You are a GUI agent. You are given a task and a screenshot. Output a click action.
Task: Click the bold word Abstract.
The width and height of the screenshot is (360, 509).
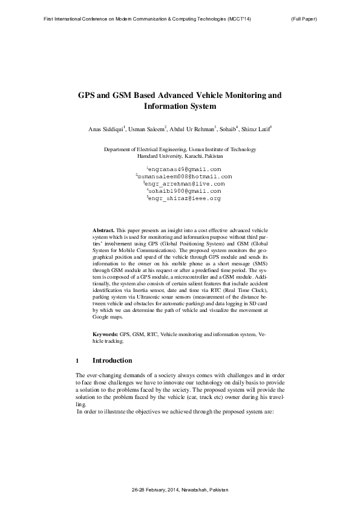[x=103, y=231]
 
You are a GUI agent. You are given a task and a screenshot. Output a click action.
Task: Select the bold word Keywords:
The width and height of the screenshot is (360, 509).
[x=105, y=334]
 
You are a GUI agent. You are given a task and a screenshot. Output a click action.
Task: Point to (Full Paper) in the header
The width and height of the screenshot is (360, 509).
[x=304, y=19]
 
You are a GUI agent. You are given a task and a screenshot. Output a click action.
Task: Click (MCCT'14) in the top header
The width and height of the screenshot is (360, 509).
[x=238, y=19]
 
